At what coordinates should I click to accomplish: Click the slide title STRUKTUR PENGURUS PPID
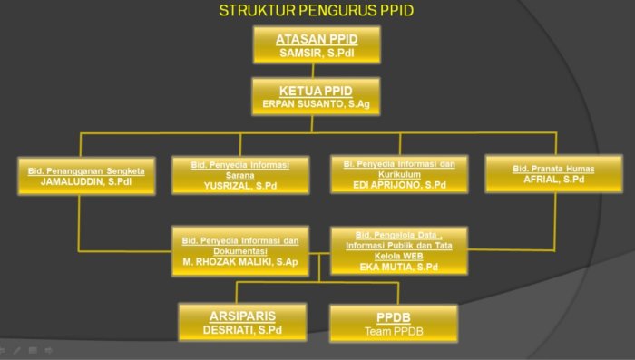pos(317,11)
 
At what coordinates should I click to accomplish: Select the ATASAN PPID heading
pos(317,39)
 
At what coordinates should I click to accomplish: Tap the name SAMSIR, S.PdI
pos(317,54)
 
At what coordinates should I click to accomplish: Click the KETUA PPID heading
pos(315,92)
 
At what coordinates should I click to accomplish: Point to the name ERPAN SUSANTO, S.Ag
pos(315,105)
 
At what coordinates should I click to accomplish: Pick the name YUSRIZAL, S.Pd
pos(239,185)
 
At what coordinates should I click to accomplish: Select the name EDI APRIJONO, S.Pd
pos(399,185)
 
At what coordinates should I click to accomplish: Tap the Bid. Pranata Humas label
pos(553,169)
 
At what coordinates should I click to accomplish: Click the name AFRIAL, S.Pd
pos(553,180)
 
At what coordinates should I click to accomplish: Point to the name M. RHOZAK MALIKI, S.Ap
pos(240,262)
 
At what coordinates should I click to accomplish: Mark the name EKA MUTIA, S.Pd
pos(398,268)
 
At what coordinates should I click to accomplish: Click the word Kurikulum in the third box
pos(399,173)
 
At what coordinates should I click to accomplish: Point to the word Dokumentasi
pos(240,250)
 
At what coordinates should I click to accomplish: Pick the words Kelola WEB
pos(398,256)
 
